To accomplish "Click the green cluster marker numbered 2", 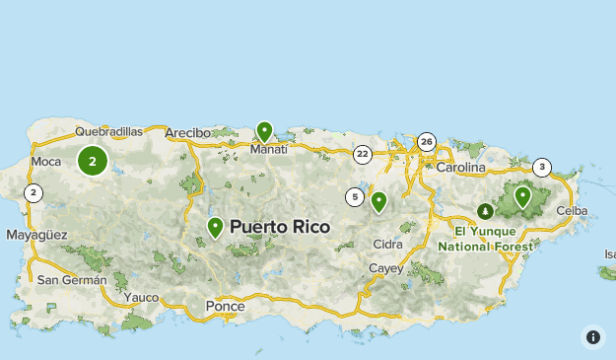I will tap(93, 161).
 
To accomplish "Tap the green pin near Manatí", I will tap(264, 131).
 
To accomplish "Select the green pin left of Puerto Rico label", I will tap(215, 227).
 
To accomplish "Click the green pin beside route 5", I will tap(378, 201).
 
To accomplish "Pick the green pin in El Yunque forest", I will tap(522, 196).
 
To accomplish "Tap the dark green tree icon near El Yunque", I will tap(485, 211).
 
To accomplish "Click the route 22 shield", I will tap(363, 154).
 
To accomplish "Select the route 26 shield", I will tap(426, 142).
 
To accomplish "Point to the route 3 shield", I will tap(542, 168).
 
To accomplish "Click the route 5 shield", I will tap(354, 197).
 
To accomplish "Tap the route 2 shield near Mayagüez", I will tap(34, 193).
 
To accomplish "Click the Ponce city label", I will tap(225, 307).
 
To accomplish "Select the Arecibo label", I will tap(188, 132).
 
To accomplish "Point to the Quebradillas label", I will tap(109, 131).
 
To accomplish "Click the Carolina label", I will tap(461, 168).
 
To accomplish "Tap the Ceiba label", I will tap(572, 211).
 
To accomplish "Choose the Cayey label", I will tap(385, 268).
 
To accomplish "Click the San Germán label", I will tap(71, 279).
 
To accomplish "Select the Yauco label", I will tap(142, 296).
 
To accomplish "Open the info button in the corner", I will tap(593, 337).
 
